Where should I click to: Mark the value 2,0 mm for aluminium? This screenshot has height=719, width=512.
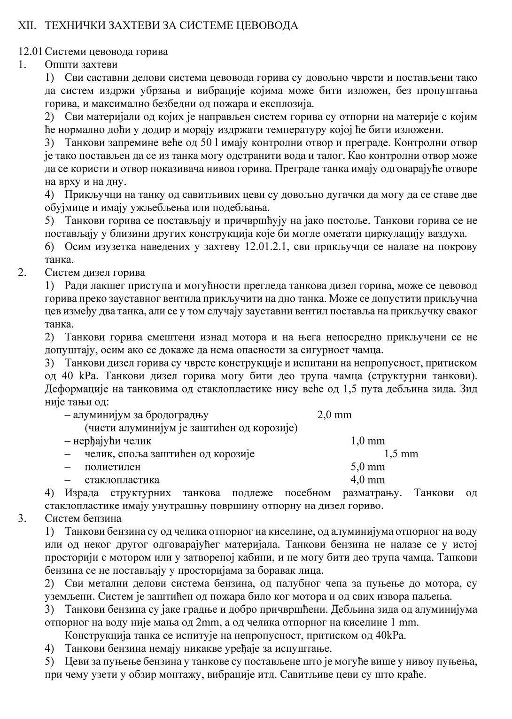[x=334, y=415]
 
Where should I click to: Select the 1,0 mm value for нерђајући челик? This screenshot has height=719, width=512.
[x=368, y=441]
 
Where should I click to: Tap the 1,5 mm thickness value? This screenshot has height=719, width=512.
[x=401, y=454]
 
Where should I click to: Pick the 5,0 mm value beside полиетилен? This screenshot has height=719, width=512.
[x=368, y=467]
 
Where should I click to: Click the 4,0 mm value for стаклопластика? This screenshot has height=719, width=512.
[x=368, y=480]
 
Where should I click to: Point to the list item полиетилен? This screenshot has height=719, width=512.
[x=113, y=467]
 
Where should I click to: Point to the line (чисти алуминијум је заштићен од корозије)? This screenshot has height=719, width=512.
[x=191, y=428]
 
